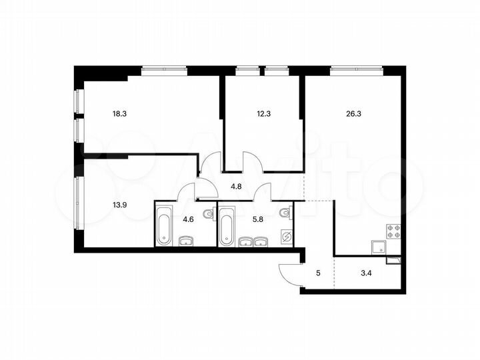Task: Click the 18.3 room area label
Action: tap(120, 114)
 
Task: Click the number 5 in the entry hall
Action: tap(317, 272)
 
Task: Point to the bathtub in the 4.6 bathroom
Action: tap(164, 225)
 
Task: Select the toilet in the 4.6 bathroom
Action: tap(207, 214)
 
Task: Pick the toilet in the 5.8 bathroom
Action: tap(285, 213)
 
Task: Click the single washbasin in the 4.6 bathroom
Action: tap(186, 241)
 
